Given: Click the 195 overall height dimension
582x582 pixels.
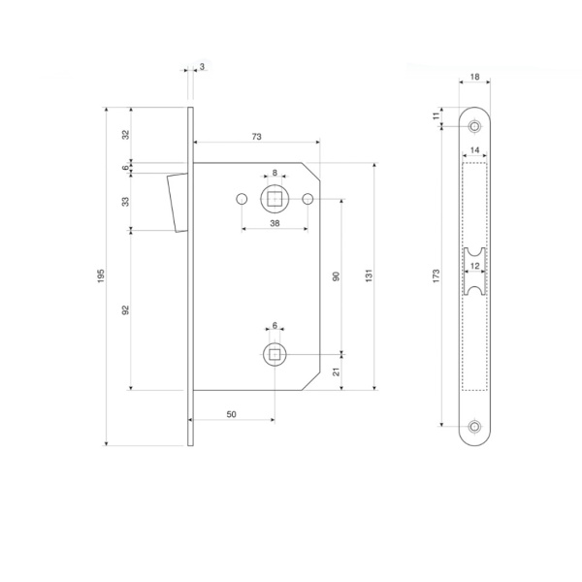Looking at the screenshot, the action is coord(101,275).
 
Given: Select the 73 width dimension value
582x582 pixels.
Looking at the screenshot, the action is coord(256,137).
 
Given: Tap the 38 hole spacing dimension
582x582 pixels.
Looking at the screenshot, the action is coord(275,223).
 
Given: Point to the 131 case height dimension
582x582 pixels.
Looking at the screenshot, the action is coord(369,275).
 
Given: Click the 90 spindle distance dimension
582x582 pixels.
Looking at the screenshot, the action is coord(337,276).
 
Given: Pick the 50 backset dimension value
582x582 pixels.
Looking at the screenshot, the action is coord(231,414).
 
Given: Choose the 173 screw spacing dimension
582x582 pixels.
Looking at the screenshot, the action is coord(436,276).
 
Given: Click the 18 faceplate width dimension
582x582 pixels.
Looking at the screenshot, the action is coord(474,77).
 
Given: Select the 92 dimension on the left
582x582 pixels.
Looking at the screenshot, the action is coord(126,310).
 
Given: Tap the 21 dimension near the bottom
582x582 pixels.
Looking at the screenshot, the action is coord(337,372).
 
